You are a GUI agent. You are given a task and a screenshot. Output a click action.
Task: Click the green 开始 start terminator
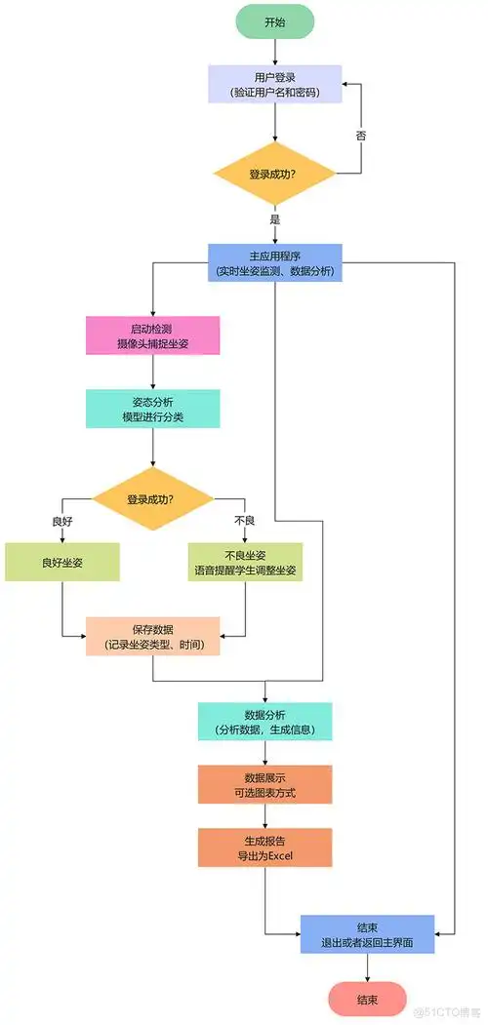tap(275, 20)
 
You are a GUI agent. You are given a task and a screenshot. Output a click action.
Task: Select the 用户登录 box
tap(275, 84)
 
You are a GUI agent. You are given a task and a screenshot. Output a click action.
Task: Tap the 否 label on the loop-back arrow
tap(360, 136)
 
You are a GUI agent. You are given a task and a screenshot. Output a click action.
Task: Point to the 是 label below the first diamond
tap(275, 219)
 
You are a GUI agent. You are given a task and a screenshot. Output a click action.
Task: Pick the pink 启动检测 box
tap(152, 336)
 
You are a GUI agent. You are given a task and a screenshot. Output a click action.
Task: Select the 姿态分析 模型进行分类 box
tap(152, 410)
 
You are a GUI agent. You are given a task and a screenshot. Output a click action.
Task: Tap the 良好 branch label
tap(62, 521)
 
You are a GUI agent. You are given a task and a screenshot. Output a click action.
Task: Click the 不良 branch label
tap(244, 521)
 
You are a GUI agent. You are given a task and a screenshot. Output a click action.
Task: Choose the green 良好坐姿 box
tap(62, 563)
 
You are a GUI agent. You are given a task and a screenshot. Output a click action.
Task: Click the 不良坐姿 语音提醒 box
tap(244, 563)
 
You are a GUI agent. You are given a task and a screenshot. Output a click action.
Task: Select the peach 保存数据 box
tap(152, 636)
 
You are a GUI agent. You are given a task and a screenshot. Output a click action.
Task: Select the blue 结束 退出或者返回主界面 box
tap(367, 934)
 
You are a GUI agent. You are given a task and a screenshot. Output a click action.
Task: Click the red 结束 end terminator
tap(367, 999)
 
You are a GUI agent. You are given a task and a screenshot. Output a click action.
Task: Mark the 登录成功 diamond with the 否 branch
tap(275, 174)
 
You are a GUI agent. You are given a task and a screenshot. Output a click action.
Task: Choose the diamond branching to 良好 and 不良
tap(152, 499)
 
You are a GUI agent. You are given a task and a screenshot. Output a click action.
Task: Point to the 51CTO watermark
tap(447, 1013)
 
